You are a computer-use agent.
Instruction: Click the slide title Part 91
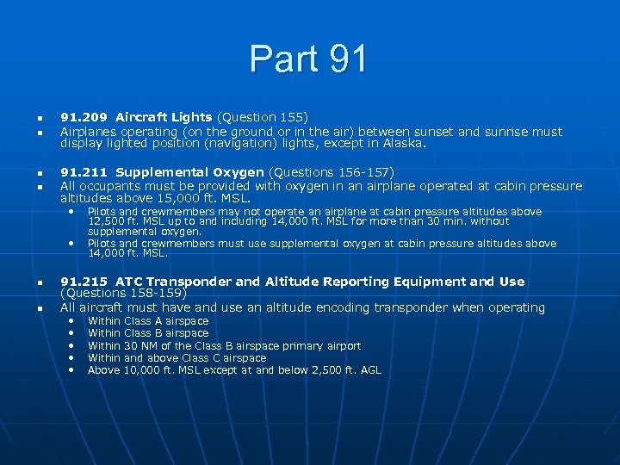(309, 59)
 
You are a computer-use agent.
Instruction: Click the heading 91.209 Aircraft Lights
(136, 117)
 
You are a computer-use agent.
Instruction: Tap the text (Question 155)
(262, 117)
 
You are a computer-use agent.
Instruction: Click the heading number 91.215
(84, 282)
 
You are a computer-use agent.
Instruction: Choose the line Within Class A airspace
(148, 321)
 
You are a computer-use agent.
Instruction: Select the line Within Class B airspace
(148, 333)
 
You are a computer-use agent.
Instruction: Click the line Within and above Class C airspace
(177, 358)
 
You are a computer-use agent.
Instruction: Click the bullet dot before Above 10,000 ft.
(71, 369)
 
